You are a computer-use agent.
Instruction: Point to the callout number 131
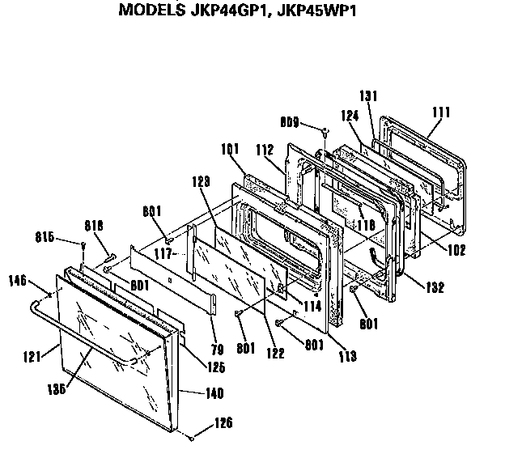click(369, 95)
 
